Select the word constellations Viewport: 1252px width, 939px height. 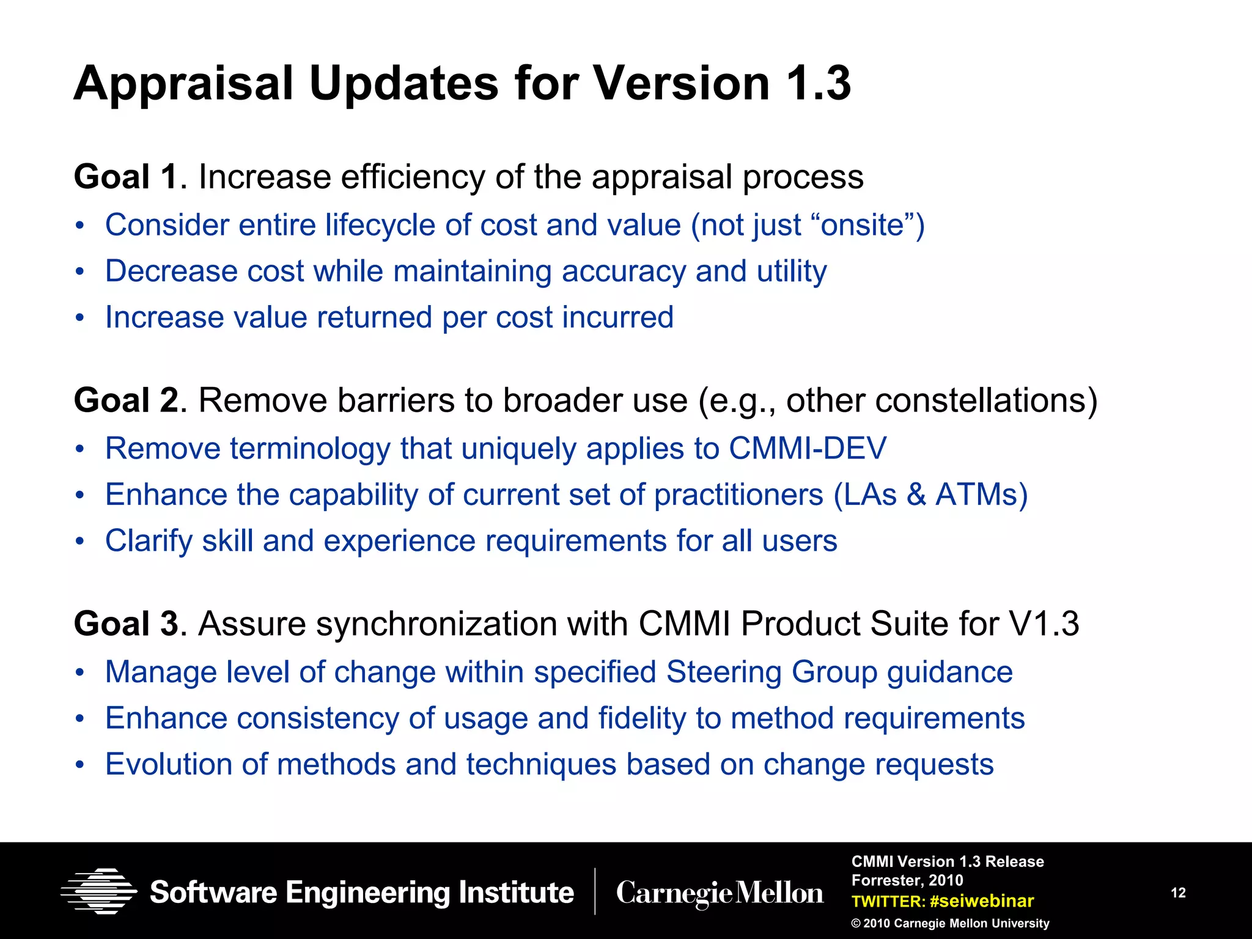(986, 401)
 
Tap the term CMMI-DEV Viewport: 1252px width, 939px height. (807, 448)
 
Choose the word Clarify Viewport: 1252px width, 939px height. (149, 541)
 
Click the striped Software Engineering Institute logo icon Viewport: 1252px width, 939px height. (98, 891)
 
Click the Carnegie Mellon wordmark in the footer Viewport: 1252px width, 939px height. (720, 893)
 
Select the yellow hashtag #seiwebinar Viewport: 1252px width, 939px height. (982, 901)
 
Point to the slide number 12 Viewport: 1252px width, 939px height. (1178, 893)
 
